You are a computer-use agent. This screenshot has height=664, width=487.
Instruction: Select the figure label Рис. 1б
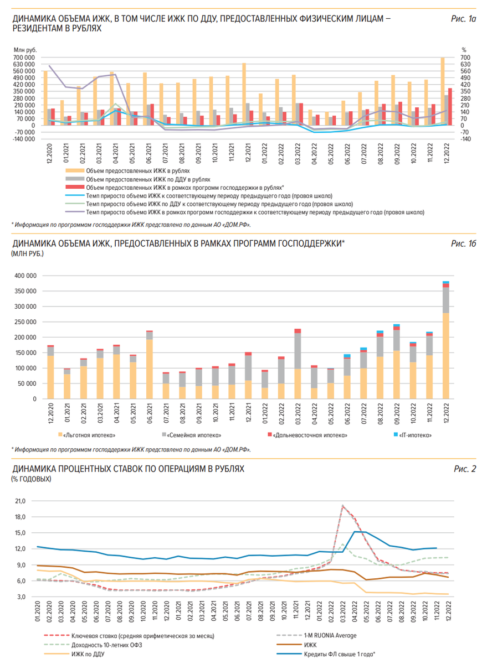point(464,244)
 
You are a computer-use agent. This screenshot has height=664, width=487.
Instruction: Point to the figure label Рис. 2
point(465,469)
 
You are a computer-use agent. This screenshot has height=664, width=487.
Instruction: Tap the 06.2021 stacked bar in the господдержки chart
point(149,365)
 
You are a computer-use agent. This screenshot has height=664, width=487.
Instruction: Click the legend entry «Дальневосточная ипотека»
point(310,435)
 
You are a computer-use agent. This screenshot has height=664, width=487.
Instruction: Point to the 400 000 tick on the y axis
point(24,276)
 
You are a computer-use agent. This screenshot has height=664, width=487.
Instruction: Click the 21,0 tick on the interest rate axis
point(20,501)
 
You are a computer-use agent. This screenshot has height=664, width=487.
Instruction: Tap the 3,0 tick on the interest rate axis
point(20,597)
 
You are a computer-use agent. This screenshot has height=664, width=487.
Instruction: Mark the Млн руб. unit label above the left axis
point(24,50)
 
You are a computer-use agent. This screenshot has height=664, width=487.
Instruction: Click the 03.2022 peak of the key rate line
point(342,506)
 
